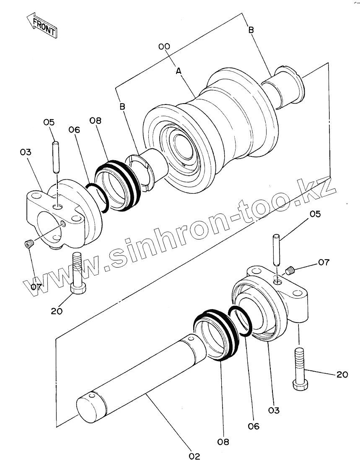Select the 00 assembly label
164,47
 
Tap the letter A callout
179,72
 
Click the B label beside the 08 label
122,107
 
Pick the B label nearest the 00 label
251,30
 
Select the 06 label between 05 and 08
74,130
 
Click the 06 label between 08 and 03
253,426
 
